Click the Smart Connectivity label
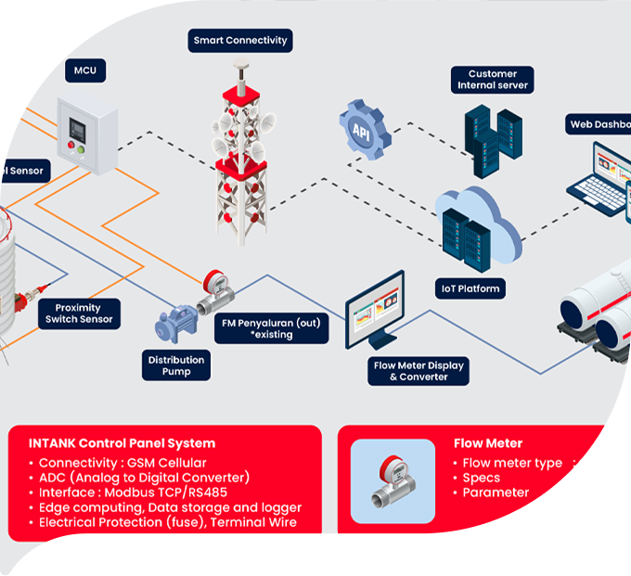click(241, 41)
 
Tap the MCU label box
click(85, 70)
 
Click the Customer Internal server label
click(493, 80)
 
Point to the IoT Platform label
click(470, 288)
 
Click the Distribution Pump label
click(176, 365)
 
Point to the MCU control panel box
click(86, 134)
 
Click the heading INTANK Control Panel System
click(122, 443)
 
